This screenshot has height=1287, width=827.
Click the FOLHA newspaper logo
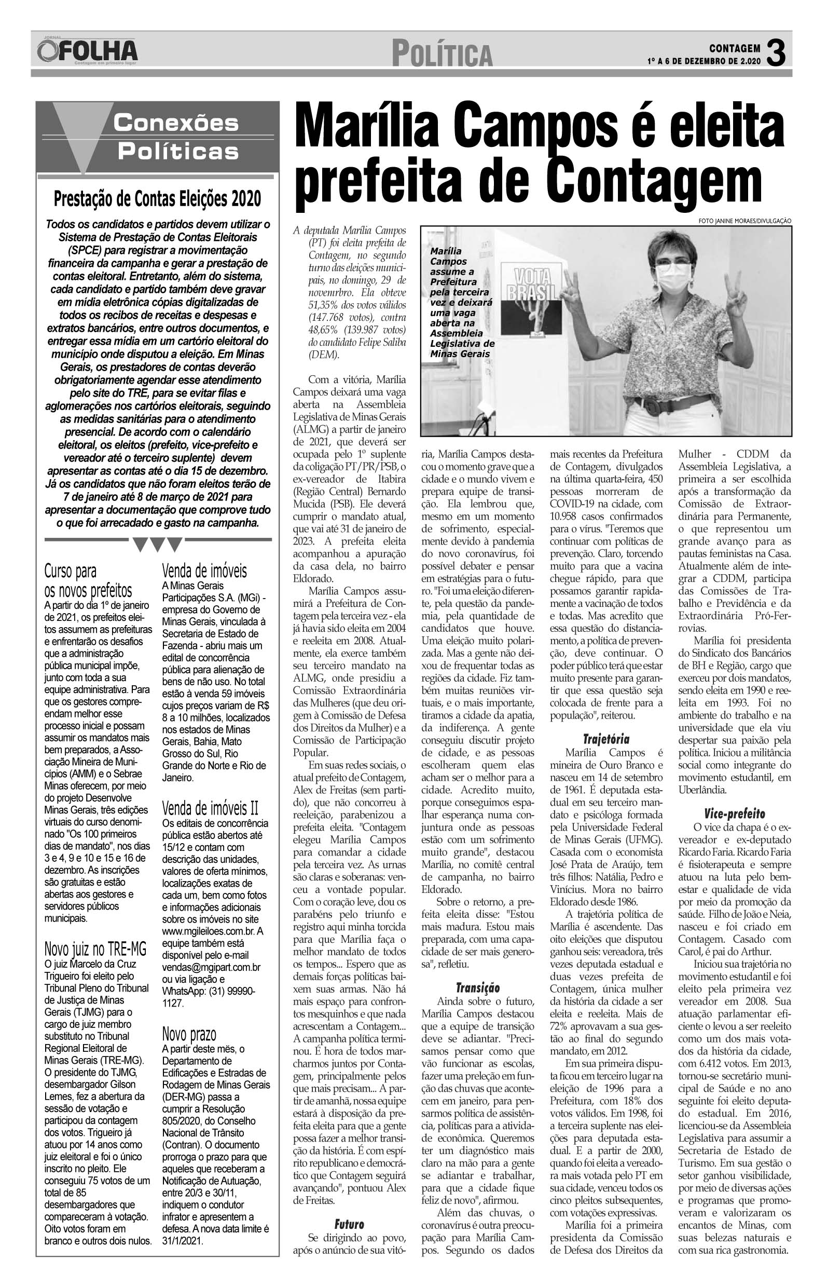(x=88, y=51)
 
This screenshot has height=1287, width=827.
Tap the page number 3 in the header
(x=776, y=53)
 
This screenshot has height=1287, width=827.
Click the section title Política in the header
(x=442, y=55)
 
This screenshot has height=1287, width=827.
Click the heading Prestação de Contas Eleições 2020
(x=157, y=199)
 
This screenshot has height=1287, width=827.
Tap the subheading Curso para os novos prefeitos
(x=88, y=580)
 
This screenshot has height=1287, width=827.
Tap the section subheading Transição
(x=477, y=987)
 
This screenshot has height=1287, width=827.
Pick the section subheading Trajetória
(x=607, y=739)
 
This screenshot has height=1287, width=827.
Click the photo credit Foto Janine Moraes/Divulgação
(x=745, y=221)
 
